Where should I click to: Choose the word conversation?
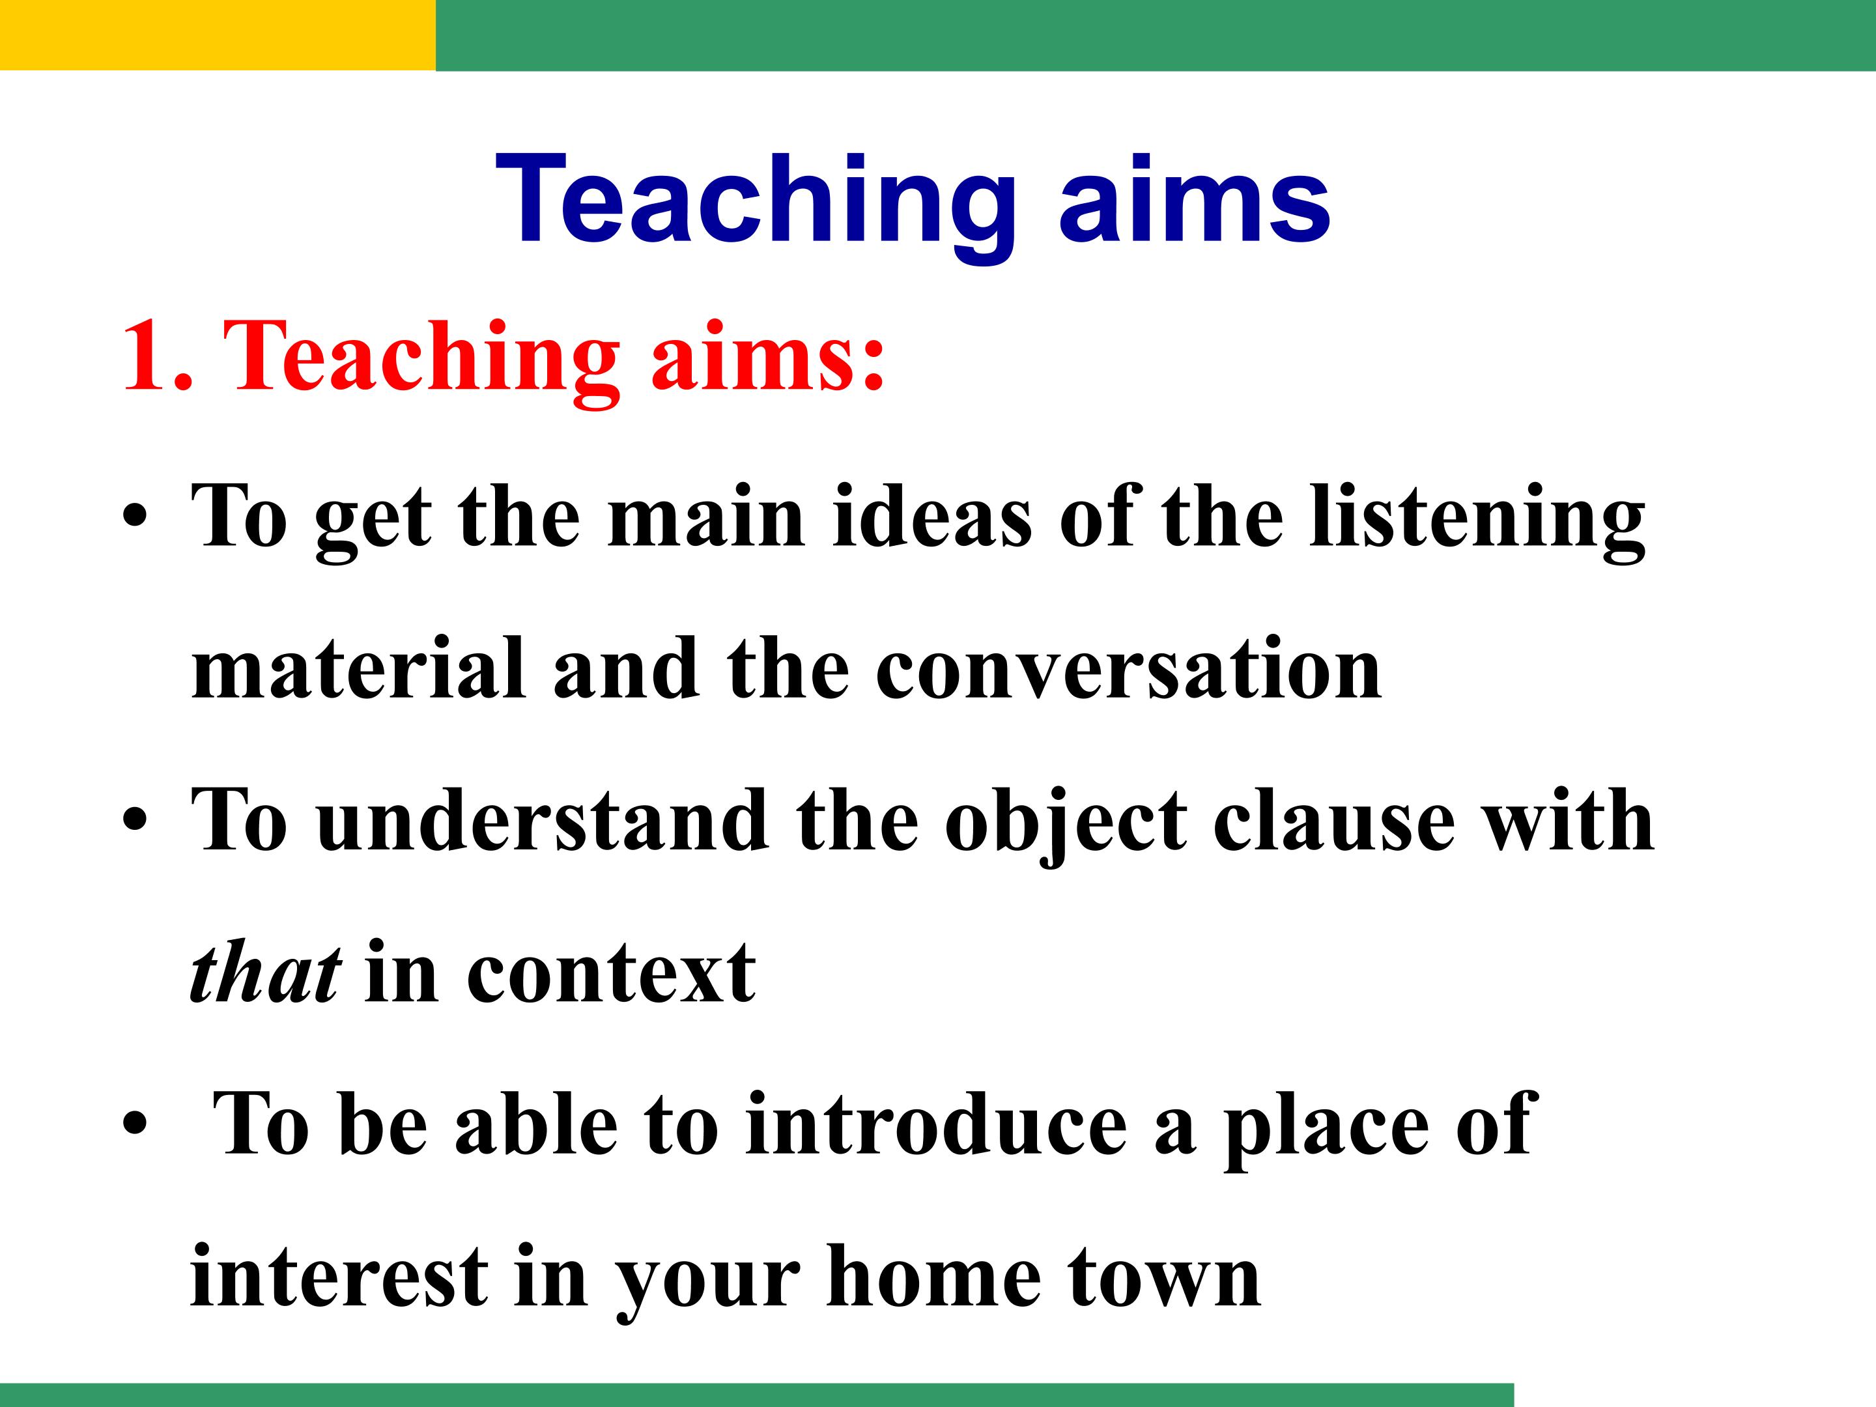coord(1128,670)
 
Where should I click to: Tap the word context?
coord(610,975)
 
